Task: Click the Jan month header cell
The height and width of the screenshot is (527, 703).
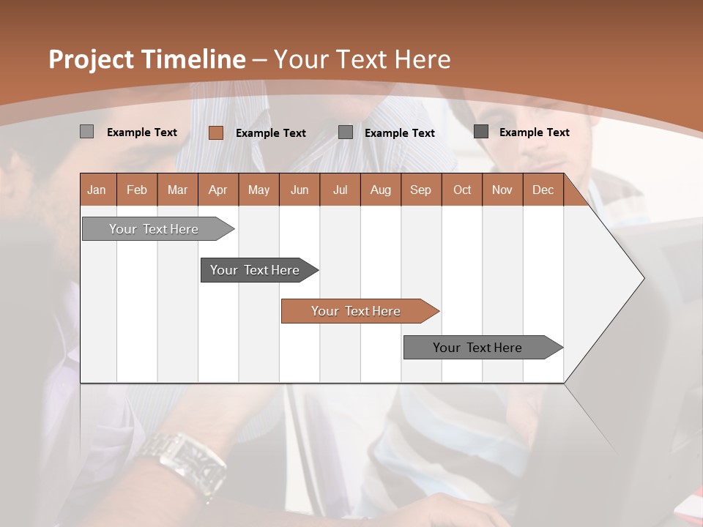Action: (x=97, y=190)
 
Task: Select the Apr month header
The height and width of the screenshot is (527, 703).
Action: (x=218, y=190)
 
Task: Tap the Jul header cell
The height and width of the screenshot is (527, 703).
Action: (x=340, y=190)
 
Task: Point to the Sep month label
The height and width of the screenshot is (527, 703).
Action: (x=420, y=190)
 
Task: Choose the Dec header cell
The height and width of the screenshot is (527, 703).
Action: (x=543, y=190)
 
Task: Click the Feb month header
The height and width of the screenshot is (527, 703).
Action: (x=137, y=190)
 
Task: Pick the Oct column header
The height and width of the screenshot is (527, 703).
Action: (x=462, y=190)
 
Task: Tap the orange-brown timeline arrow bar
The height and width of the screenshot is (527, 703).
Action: (x=357, y=311)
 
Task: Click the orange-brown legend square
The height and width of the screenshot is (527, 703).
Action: (x=215, y=132)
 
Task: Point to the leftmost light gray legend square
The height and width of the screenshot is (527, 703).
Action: (x=86, y=132)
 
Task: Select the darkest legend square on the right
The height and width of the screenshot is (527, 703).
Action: (x=481, y=132)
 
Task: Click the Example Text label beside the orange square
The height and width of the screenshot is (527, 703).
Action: (x=271, y=133)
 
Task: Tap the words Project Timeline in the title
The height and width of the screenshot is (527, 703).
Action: (x=146, y=59)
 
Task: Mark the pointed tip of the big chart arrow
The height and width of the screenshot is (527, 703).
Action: (x=643, y=278)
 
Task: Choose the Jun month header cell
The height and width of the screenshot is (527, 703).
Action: (x=300, y=190)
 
